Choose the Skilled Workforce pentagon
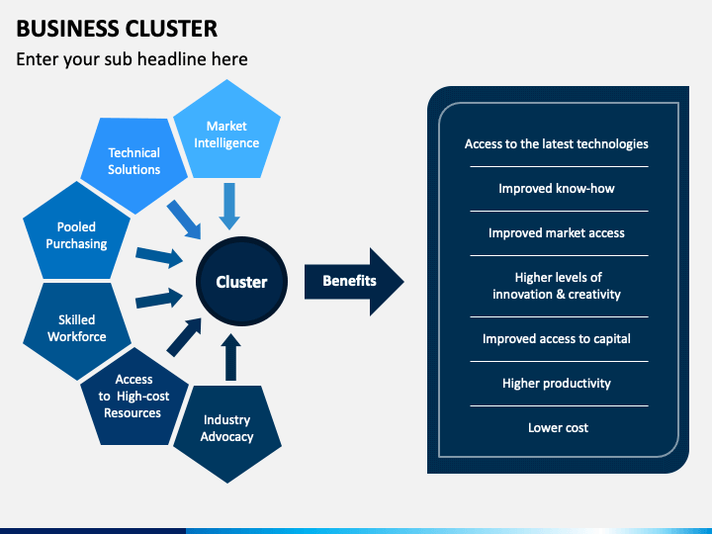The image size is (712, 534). tap(76, 328)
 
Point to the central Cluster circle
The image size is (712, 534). tap(241, 282)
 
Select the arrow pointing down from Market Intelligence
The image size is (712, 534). tap(229, 206)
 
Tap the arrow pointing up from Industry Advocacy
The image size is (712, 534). tap(230, 357)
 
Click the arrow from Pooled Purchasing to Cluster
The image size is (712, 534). tap(159, 257)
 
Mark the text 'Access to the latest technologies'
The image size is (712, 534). tap(556, 144)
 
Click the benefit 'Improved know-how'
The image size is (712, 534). tap(556, 189)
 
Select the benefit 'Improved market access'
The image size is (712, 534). tap(556, 233)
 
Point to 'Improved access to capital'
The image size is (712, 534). tap(556, 339)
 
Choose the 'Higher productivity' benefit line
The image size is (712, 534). tap(556, 384)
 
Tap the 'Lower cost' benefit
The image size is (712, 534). tap(558, 428)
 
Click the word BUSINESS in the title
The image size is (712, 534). tap(67, 29)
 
